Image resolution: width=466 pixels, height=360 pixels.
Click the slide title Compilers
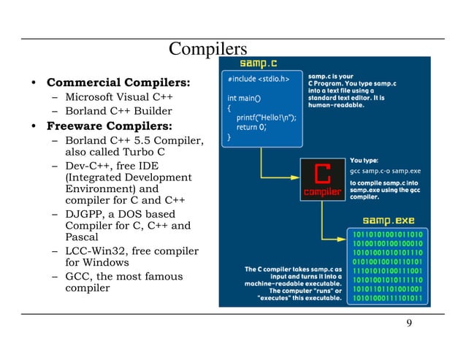click(x=208, y=50)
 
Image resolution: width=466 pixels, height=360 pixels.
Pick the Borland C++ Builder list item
click(x=118, y=111)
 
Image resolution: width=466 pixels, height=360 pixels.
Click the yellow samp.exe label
click(x=389, y=219)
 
